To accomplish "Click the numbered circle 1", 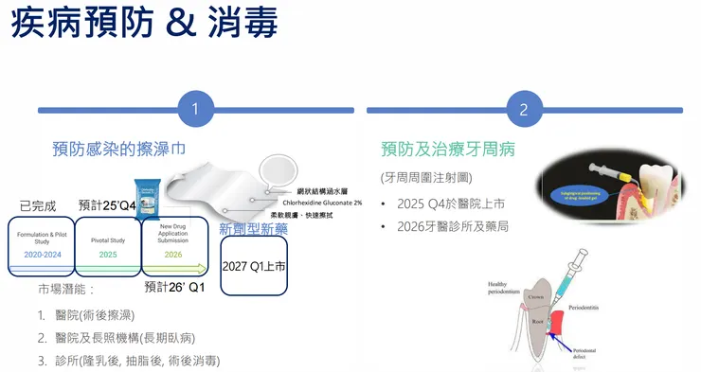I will click(194, 110).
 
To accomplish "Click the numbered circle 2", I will click(524, 110).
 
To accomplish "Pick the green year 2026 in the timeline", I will click(173, 255).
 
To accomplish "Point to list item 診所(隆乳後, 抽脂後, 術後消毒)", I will click(131, 360).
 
